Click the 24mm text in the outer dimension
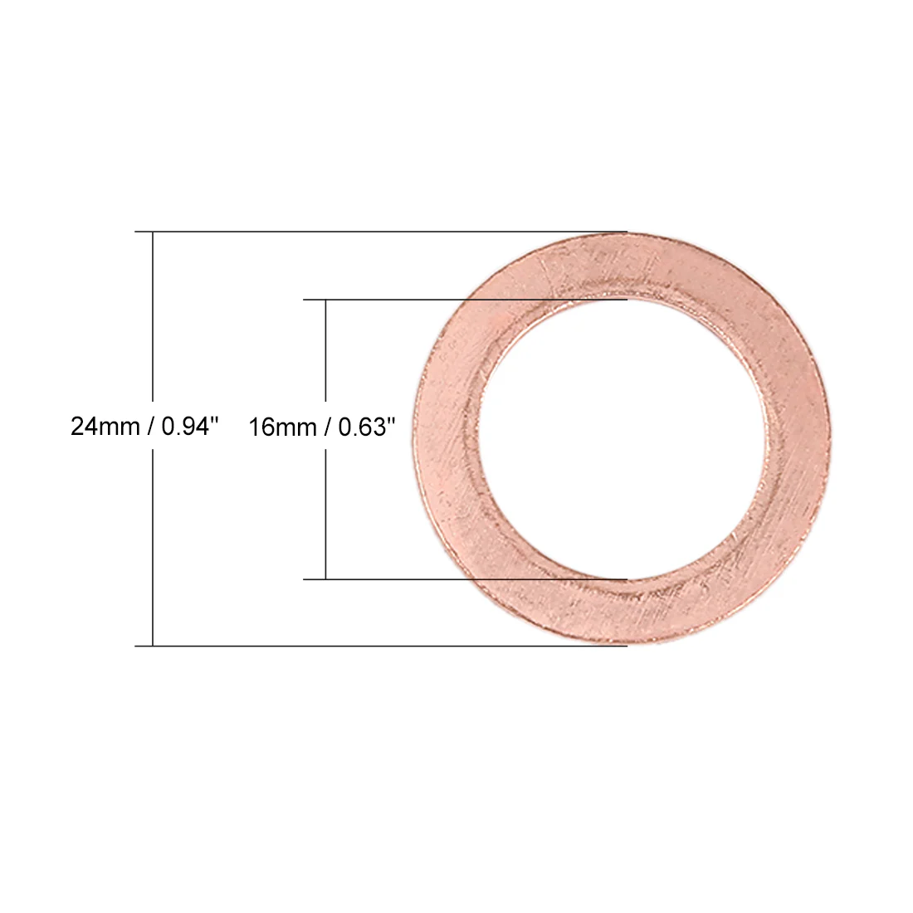tap(105, 427)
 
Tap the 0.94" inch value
tap(190, 427)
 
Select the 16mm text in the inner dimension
tap(283, 427)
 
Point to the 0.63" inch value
tap(367, 427)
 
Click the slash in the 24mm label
tap(151, 427)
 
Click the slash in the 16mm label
tap(328, 427)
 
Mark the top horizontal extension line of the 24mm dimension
tap(381, 232)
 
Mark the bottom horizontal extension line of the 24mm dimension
tap(381, 646)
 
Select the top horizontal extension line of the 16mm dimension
tap(466, 300)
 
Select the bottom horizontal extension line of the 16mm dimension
tap(466, 579)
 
